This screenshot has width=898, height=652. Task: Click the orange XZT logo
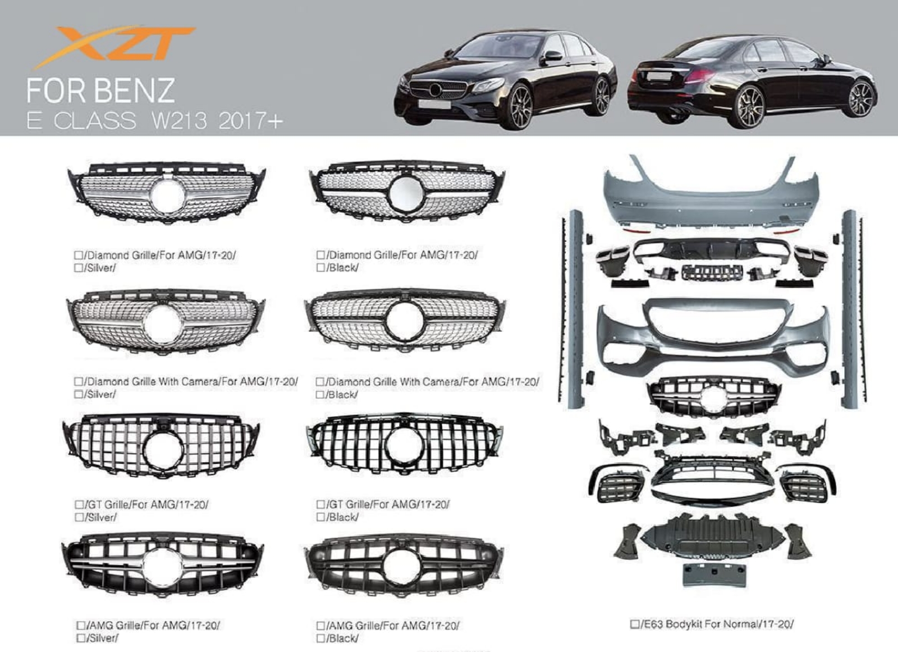114,46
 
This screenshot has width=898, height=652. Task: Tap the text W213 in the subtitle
180,120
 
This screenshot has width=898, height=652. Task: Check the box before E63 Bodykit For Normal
634,624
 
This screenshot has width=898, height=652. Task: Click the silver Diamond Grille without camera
166,193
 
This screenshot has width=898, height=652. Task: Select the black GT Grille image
404,445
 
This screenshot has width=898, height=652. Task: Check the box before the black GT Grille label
320,504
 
